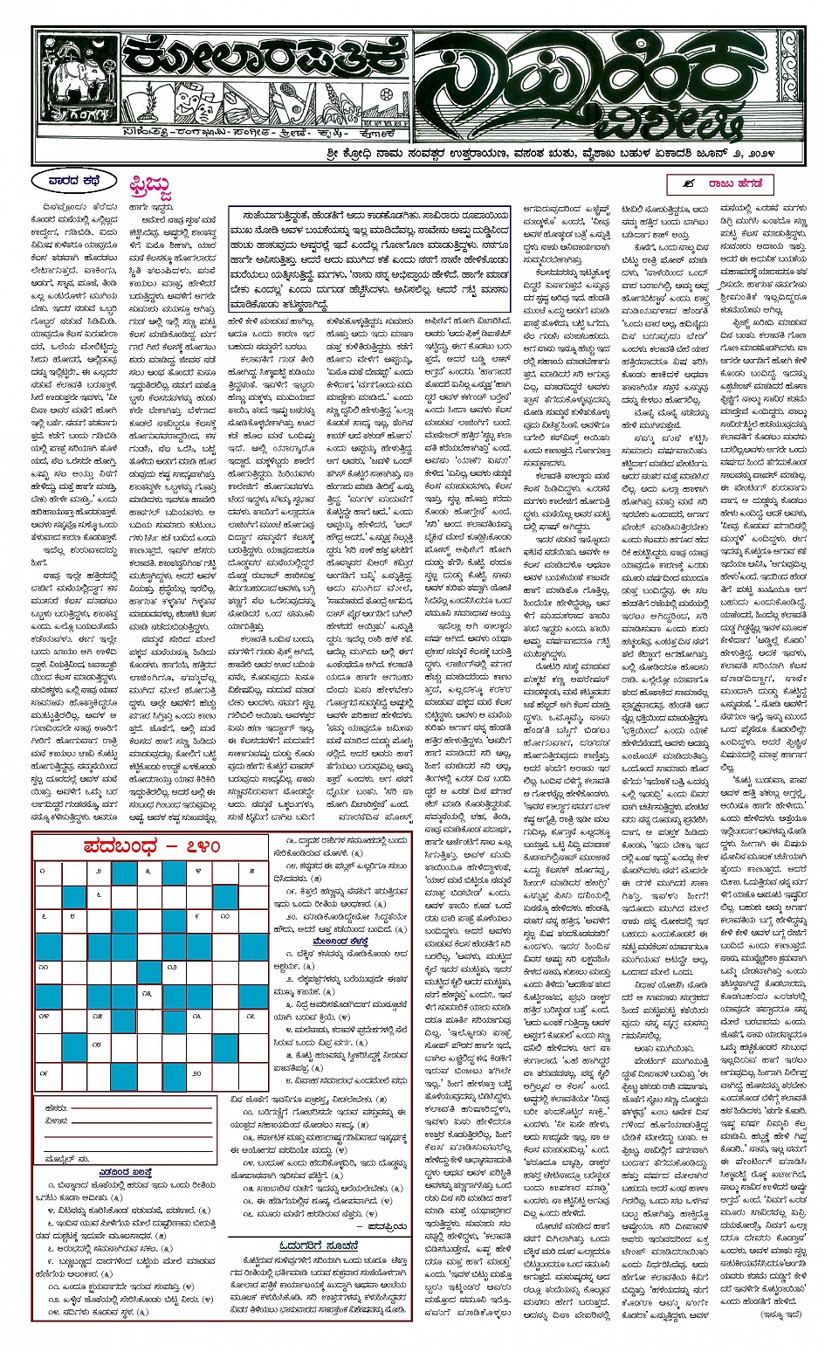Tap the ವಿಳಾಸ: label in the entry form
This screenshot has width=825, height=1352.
point(55,1121)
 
